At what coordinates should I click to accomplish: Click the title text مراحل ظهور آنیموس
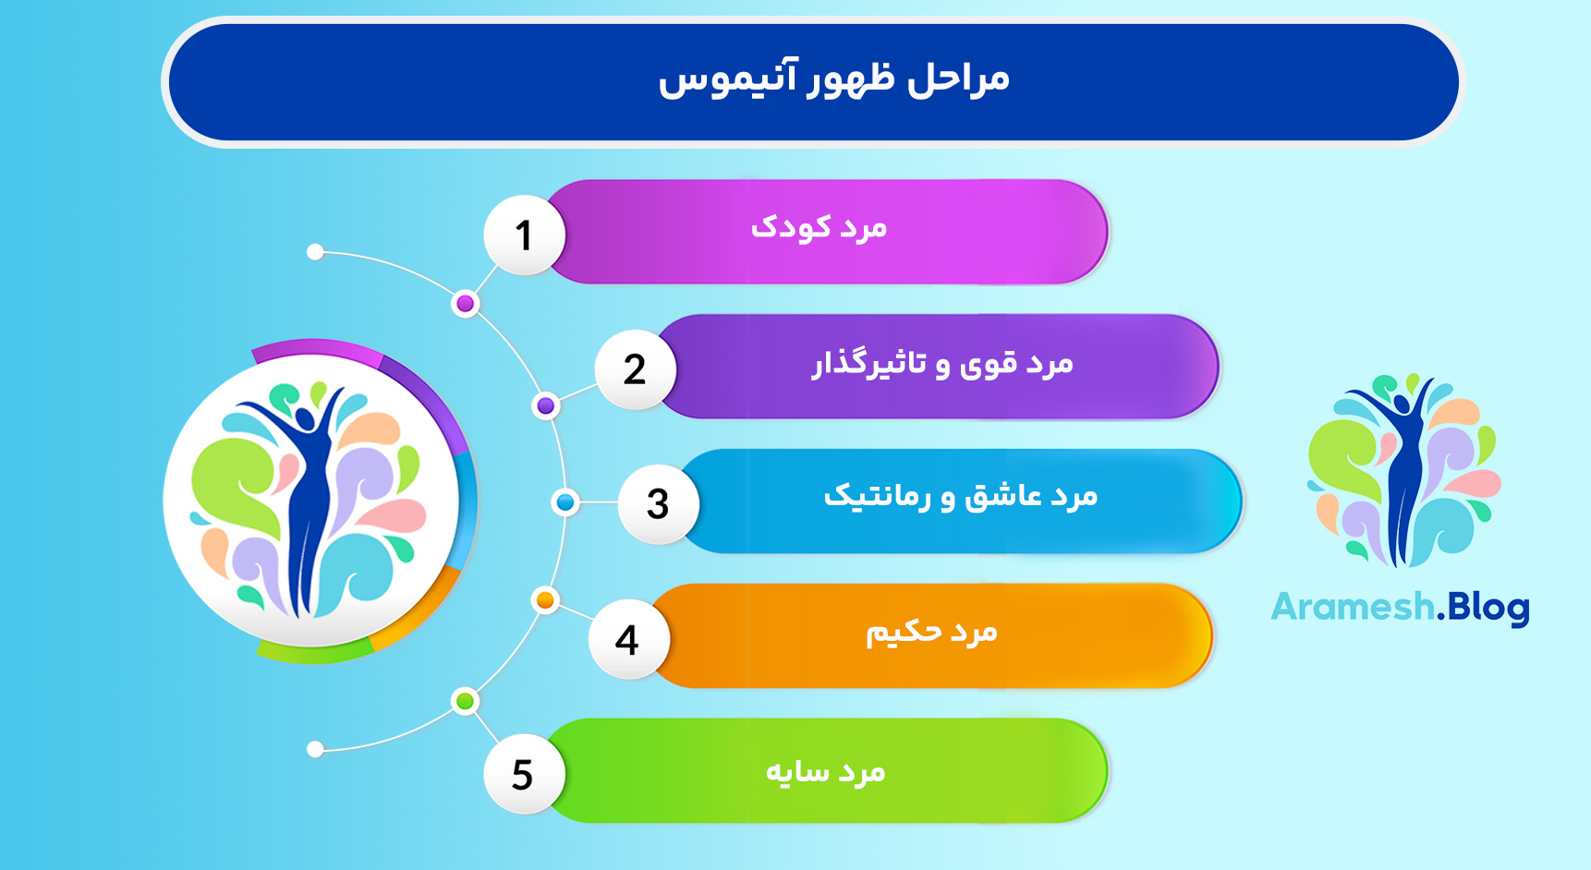coord(833,79)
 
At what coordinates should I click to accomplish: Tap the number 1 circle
coord(524,235)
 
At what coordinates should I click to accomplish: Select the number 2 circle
coord(635,369)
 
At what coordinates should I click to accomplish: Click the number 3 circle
coord(657,504)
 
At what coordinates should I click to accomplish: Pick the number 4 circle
coord(627,639)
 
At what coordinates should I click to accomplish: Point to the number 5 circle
coord(523,774)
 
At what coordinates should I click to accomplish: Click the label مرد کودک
coord(819,228)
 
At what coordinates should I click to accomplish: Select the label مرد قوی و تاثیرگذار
coord(942,364)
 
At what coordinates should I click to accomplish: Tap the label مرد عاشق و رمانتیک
coord(961,497)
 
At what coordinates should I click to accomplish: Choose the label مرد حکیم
coord(931,633)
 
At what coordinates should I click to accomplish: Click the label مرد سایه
coord(825,771)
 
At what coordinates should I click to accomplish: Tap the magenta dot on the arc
coord(466,304)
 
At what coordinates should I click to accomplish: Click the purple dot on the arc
coord(546,405)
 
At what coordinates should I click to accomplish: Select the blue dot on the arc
coord(565,502)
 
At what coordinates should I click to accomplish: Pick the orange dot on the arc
coord(545,600)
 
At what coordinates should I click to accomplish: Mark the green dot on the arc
coord(466,702)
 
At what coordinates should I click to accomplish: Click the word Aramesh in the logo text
coord(1352,608)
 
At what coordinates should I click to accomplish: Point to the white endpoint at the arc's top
coord(315,252)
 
